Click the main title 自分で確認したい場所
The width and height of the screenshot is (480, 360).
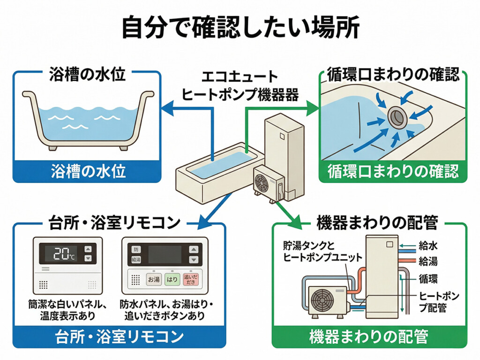click(x=240, y=27)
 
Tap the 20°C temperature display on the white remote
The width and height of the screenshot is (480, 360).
click(x=64, y=254)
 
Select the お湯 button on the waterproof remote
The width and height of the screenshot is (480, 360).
click(x=154, y=280)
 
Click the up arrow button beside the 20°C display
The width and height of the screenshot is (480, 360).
click(x=88, y=249)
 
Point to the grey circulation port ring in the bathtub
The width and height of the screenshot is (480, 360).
click(x=397, y=116)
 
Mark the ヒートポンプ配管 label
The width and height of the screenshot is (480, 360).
click(x=438, y=302)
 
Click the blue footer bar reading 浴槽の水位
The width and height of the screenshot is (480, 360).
click(x=88, y=172)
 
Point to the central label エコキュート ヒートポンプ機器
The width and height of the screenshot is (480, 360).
click(x=240, y=86)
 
